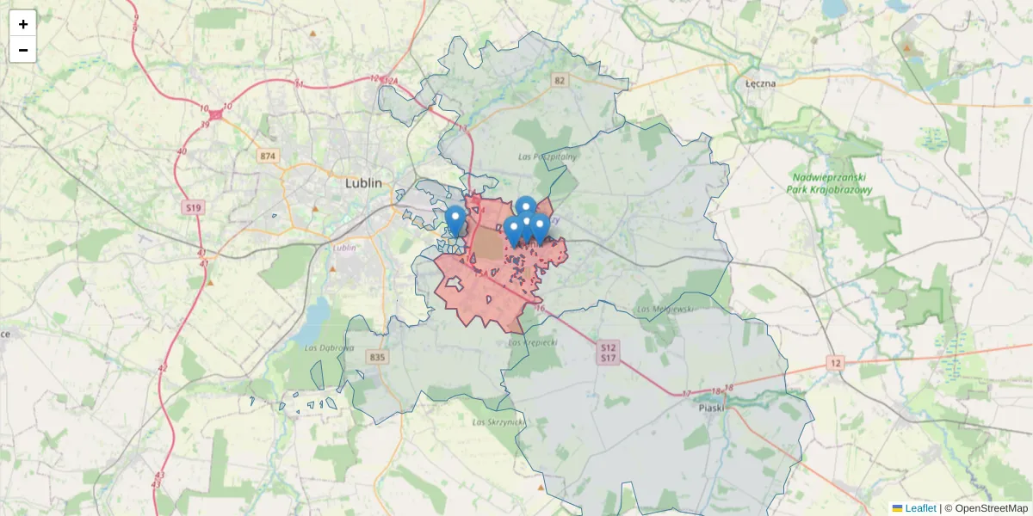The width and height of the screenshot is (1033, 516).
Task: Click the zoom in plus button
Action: click(x=23, y=24)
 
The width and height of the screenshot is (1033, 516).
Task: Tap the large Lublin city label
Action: click(x=369, y=183)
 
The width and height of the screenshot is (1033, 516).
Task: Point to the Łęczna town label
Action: click(x=760, y=83)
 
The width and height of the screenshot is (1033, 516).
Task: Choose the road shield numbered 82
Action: click(x=561, y=80)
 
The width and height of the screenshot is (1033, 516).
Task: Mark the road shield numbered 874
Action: click(x=269, y=156)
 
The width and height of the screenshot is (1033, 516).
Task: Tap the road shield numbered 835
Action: click(x=376, y=356)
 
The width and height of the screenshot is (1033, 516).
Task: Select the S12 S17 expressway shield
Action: click(x=608, y=351)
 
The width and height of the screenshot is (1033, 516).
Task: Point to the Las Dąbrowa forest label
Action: click(x=330, y=347)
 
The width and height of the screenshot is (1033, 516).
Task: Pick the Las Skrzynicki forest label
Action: click(x=493, y=422)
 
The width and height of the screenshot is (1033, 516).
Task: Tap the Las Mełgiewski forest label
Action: click(x=665, y=309)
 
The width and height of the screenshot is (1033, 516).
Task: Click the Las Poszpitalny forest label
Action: click(x=547, y=157)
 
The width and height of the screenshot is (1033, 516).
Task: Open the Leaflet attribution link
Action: click(x=919, y=508)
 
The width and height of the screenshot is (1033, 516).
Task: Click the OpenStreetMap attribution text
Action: click(x=991, y=508)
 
